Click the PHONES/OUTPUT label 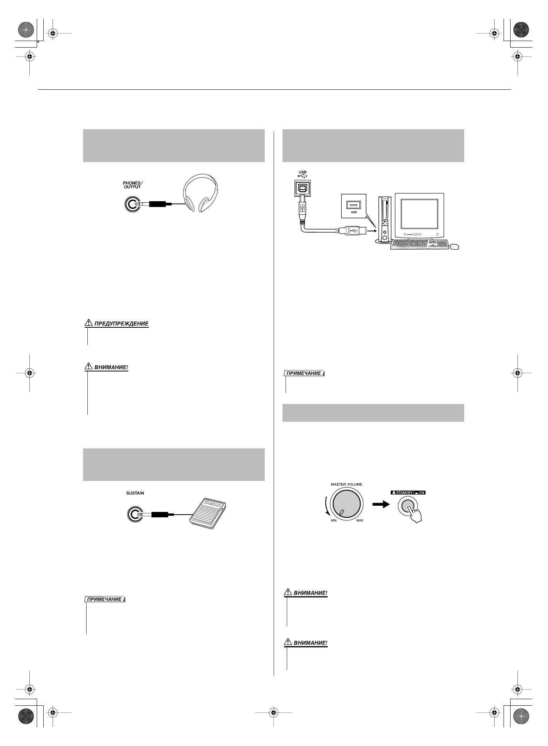133,185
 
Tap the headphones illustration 201,193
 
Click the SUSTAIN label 135,493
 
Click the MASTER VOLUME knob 347,502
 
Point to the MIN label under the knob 334,520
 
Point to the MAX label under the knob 359,520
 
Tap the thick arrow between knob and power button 380,505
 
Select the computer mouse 454,246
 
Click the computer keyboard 419,245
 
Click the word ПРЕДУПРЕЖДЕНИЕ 121,323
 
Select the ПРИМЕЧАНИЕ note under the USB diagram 304,373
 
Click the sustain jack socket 133,515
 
